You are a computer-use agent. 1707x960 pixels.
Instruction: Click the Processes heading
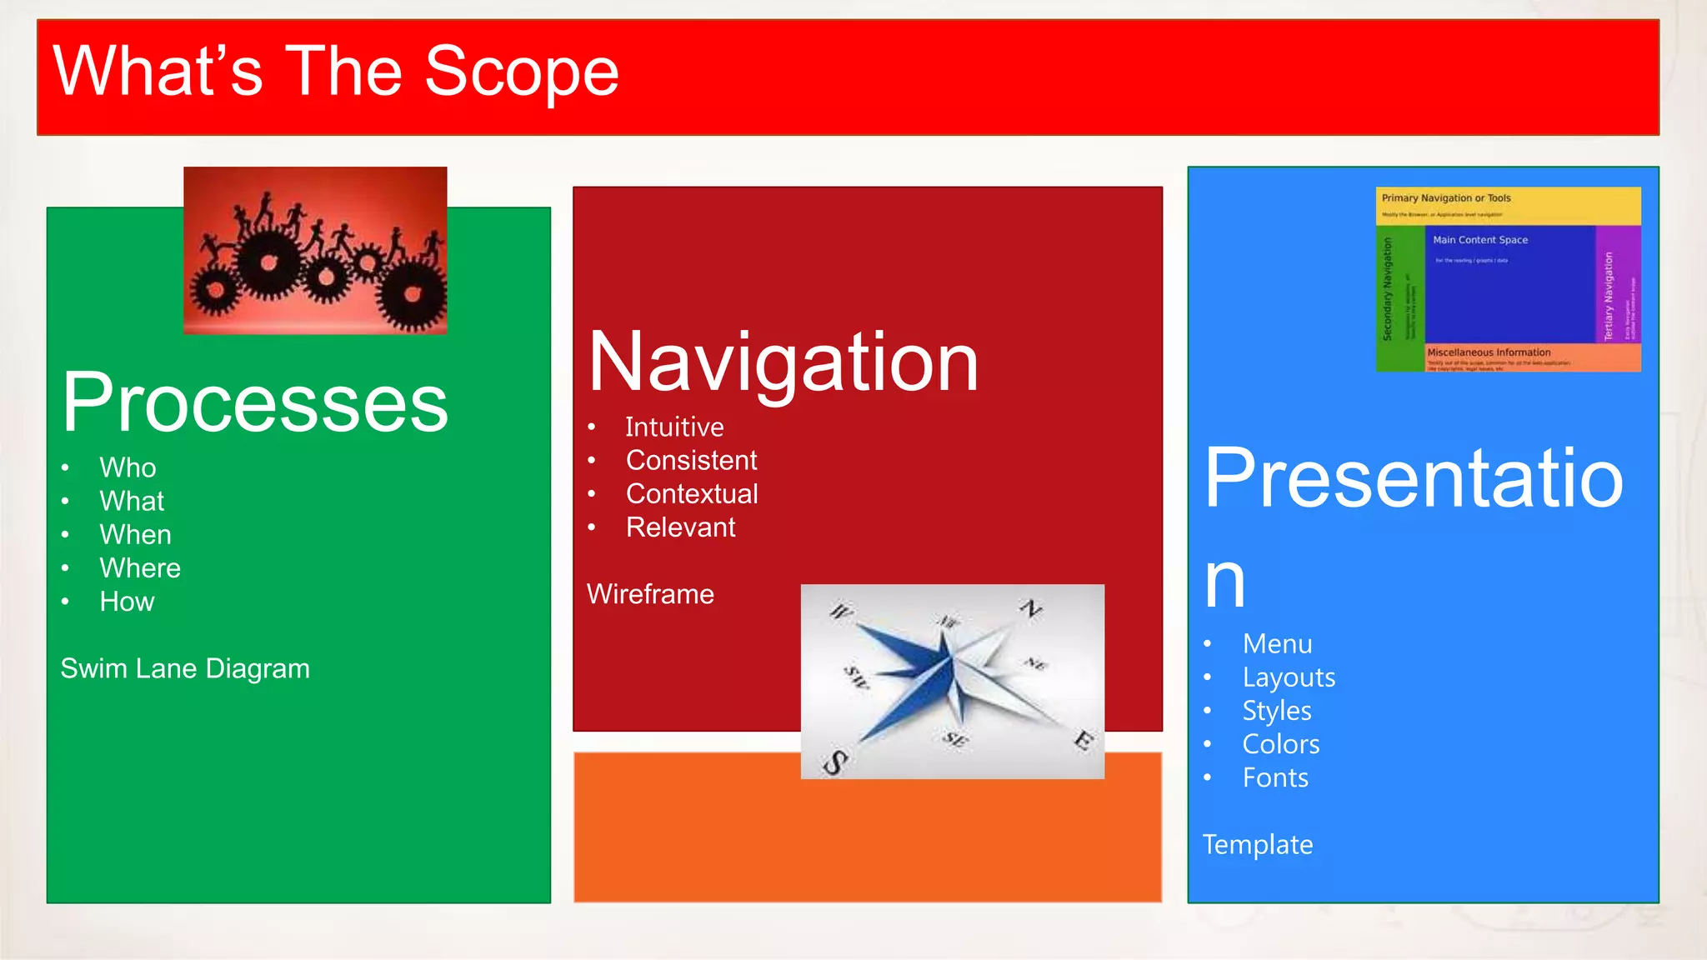[254, 402]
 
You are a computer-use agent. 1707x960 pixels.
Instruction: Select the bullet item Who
[128, 467]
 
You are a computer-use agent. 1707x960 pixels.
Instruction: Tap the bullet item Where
[140, 567]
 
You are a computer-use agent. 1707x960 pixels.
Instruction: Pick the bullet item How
[127, 602]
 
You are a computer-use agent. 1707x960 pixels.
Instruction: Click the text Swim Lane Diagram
[185, 668]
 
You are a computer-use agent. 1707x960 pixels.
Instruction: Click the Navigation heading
[783, 362]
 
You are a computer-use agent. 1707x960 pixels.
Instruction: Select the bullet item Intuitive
[674, 427]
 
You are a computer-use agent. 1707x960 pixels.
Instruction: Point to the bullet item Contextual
[692, 493]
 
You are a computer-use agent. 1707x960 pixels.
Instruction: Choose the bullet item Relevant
[680, 527]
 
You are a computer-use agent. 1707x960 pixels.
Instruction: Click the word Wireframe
[650, 594]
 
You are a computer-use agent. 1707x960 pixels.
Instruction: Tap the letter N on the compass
[1031, 608]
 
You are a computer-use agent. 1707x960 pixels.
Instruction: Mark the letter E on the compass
[1083, 739]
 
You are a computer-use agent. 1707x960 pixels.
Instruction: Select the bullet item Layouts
[1289, 677]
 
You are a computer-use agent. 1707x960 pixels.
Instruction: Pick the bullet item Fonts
[1275, 777]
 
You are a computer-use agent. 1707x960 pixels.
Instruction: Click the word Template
[1258, 845]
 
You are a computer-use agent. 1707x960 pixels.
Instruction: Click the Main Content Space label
[1480, 240]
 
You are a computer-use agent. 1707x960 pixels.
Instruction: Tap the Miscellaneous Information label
[1489, 352]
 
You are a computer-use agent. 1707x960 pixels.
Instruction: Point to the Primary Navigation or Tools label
[1446, 198]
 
